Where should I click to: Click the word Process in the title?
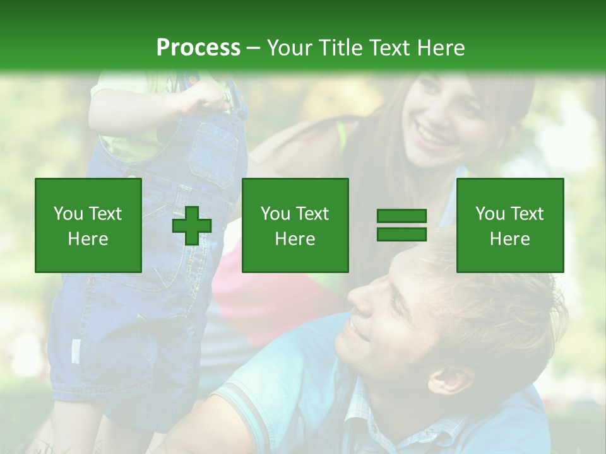point(198,48)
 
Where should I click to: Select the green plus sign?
point(192,225)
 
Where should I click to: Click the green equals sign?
point(401,225)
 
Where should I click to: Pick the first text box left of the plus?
point(88,225)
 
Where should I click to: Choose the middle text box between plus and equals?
point(295,225)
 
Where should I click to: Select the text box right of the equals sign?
point(509,225)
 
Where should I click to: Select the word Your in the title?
point(288,48)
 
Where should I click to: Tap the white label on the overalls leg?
point(76,351)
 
